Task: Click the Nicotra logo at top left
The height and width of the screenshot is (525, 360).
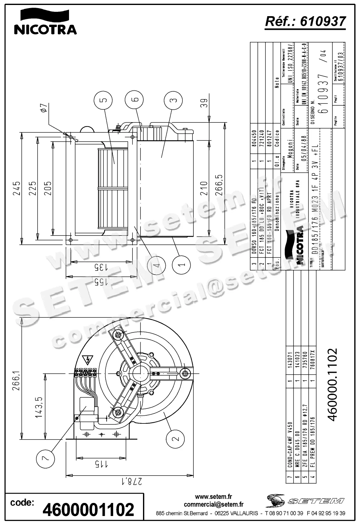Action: click(x=45, y=22)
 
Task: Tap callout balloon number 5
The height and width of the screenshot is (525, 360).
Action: click(x=104, y=100)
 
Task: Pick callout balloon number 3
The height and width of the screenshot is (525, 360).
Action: click(x=173, y=100)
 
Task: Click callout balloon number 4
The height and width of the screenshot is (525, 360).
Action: click(x=157, y=265)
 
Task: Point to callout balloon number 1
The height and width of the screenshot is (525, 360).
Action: click(x=182, y=265)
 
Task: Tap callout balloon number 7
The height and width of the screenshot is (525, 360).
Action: click(x=46, y=457)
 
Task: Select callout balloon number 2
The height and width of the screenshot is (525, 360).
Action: click(x=175, y=439)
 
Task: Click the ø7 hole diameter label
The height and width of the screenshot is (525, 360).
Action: click(x=44, y=108)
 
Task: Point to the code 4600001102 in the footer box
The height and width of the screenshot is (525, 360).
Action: click(x=89, y=510)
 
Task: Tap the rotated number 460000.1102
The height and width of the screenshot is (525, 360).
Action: click(x=332, y=384)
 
